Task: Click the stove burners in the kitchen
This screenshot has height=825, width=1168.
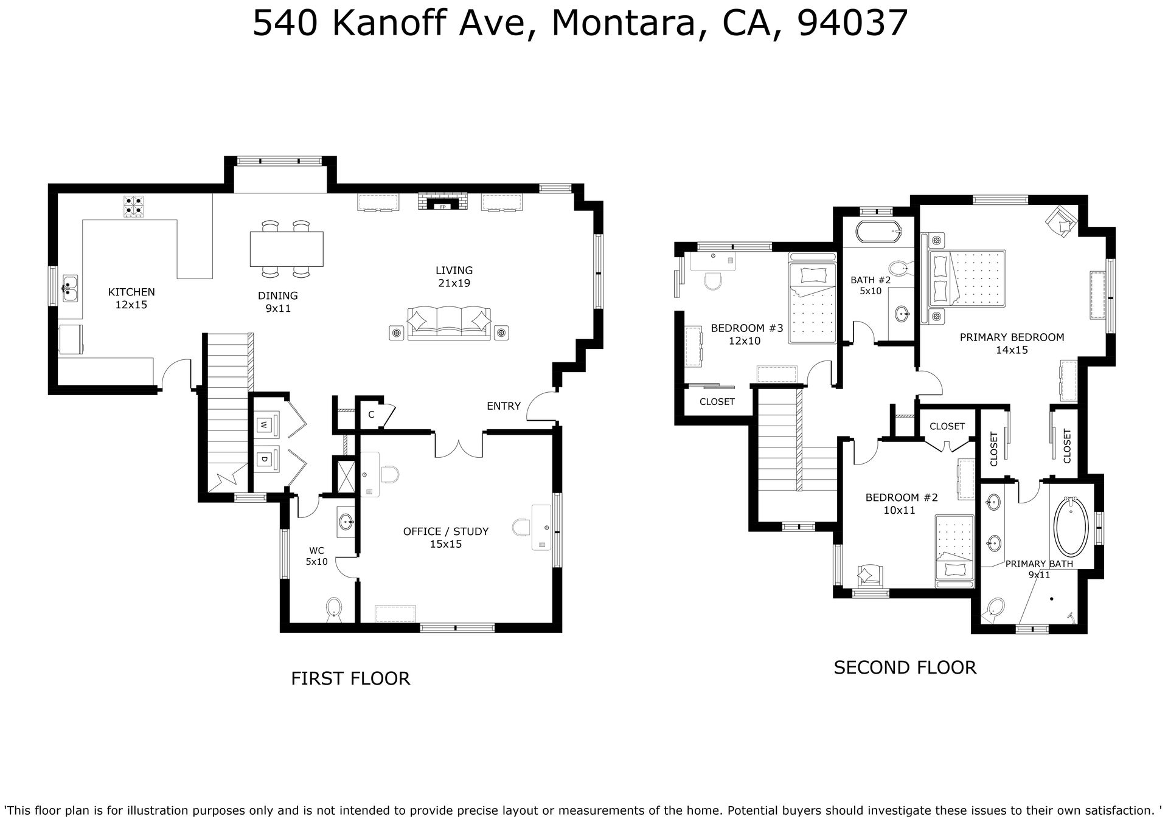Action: pos(134,207)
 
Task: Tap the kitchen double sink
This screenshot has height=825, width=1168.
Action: pos(71,289)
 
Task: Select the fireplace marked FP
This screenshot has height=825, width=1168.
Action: pos(443,202)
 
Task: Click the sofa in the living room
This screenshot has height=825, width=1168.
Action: pos(449,324)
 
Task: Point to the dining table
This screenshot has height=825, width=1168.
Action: pos(287,249)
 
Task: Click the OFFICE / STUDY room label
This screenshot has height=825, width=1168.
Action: pos(446,531)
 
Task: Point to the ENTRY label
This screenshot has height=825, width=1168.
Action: pos(504,406)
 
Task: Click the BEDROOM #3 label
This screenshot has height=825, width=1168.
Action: pos(747,328)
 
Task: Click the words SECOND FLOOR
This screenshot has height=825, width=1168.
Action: pos(905,668)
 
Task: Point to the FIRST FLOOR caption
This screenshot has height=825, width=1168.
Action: pos(350,678)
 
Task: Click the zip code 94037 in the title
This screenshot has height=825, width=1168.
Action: pos(852,24)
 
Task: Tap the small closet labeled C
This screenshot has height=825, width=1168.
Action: pos(371,415)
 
